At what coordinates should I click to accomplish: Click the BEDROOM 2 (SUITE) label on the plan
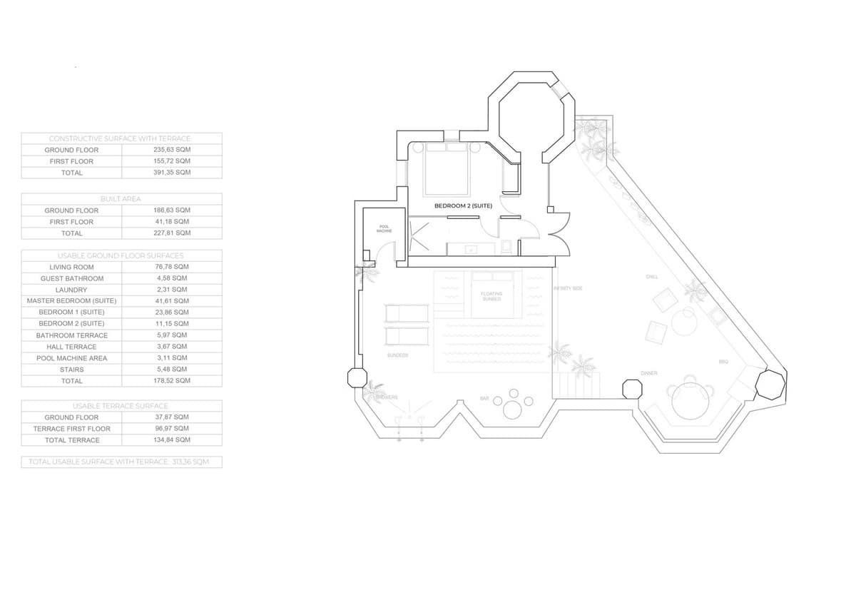pos(463,205)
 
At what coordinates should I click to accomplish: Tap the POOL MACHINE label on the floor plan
pos(384,229)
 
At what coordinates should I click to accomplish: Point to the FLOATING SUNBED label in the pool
pos(491,296)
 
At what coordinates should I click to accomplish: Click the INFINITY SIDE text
pos(568,288)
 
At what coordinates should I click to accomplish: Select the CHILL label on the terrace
pos(651,277)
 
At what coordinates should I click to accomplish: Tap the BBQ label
pos(723,362)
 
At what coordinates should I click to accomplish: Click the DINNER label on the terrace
pos(649,373)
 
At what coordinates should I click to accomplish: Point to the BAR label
pos(484,399)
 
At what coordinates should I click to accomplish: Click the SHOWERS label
pos(388,397)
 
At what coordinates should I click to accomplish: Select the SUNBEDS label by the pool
pos(397,355)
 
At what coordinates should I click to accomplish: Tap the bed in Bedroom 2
pos(447,170)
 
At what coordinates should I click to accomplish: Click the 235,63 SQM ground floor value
pos(172,150)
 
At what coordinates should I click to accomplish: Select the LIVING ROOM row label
pos(71,267)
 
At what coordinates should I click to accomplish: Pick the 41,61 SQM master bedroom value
pos(172,301)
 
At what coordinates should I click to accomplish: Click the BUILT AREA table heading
pos(121,199)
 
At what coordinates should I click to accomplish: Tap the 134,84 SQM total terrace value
pos(172,440)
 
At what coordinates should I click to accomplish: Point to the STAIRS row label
pos(71,370)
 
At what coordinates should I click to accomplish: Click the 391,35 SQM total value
pos(172,173)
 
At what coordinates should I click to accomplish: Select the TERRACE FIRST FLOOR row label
pos(71,429)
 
